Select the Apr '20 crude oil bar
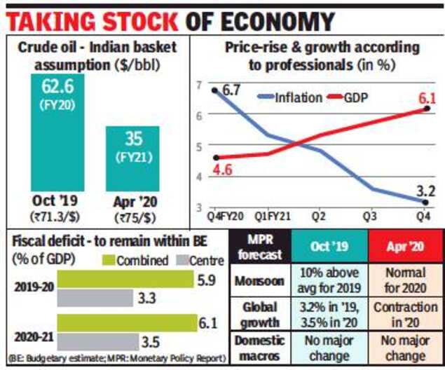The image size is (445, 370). point(132,157)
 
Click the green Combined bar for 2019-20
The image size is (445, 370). point(124,280)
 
